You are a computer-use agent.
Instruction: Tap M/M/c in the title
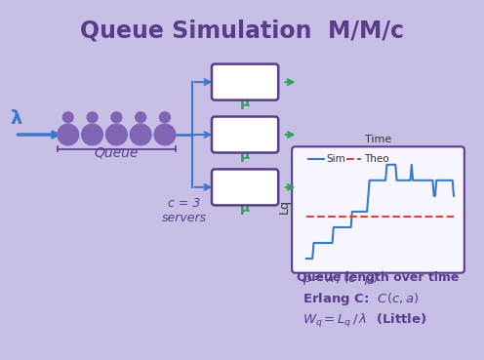(x=366, y=31)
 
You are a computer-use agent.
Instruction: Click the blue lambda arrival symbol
(x=16, y=118)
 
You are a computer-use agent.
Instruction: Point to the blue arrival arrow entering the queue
(x=37, y=135)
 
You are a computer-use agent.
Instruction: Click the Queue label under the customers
(x=116, y=153)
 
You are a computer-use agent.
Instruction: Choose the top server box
(x=245, y=82)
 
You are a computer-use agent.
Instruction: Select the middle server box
(x=245, y=135)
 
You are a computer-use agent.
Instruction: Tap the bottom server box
(x=245, y=187)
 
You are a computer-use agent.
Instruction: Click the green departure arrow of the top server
(x=289, y=82)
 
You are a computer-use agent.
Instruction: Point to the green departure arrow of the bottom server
(x=289, y=187)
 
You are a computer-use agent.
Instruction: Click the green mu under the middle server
(x=245, y=157)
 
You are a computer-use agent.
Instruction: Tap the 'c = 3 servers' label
(x=183, y=211)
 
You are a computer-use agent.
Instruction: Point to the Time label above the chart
(x=378, y=140)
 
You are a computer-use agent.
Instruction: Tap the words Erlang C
(x=336, y=299)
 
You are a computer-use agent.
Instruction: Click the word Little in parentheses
(x=401, y=319)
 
